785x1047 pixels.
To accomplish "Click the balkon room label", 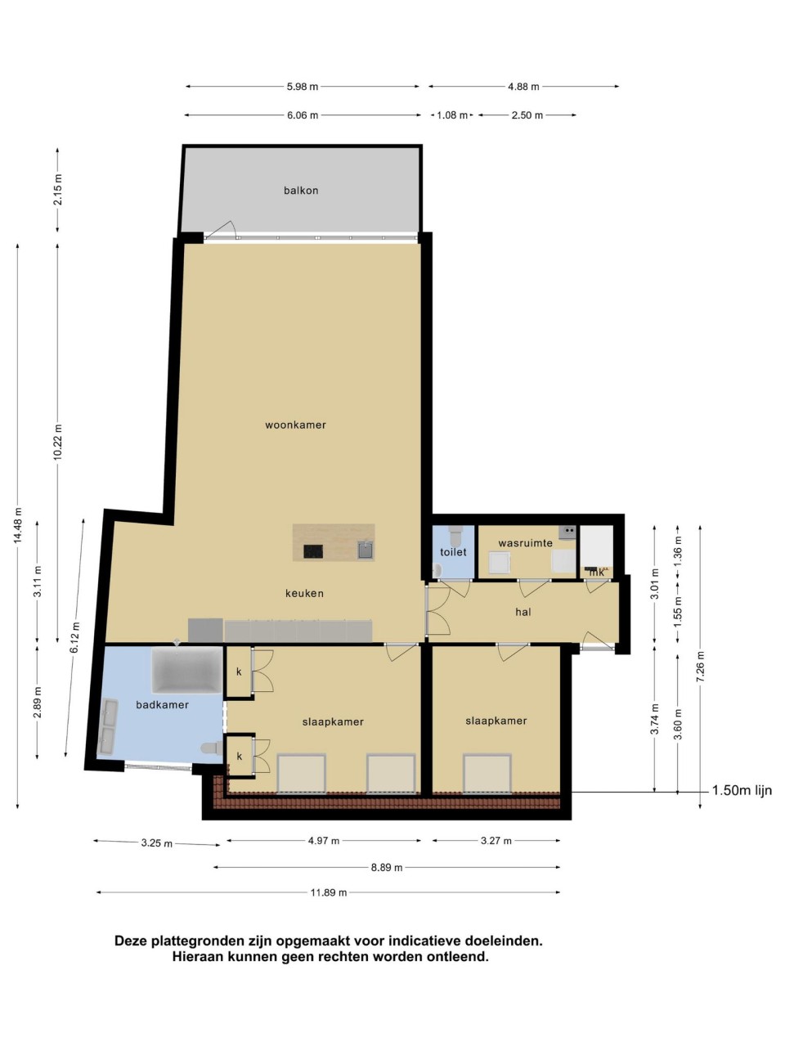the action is (x=301, y=191).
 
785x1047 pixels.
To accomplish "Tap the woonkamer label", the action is (x=295, y=425).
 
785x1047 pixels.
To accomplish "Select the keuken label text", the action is (x=304, y=593).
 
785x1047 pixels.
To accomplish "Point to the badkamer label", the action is (x=162, y=704).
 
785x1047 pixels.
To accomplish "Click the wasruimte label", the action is (x=525, y=543).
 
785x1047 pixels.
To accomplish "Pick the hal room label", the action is (x=523, y=612).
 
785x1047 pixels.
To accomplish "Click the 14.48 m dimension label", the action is (x=18, y=525).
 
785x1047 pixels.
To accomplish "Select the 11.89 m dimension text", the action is (x=329, y=892).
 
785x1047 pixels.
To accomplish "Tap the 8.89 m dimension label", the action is (x=387, y=867).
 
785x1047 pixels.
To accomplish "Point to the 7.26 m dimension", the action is (x=700, y=667).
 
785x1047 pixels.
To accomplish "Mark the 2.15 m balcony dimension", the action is (x=58, y=190).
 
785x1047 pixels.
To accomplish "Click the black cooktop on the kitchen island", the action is (x=313, y=551).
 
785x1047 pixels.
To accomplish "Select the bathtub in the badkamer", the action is (x=186, y=670).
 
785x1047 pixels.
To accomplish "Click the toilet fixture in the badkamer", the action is (x=212, y=748).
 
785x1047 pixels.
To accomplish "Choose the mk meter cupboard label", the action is (x=597, y=572).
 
